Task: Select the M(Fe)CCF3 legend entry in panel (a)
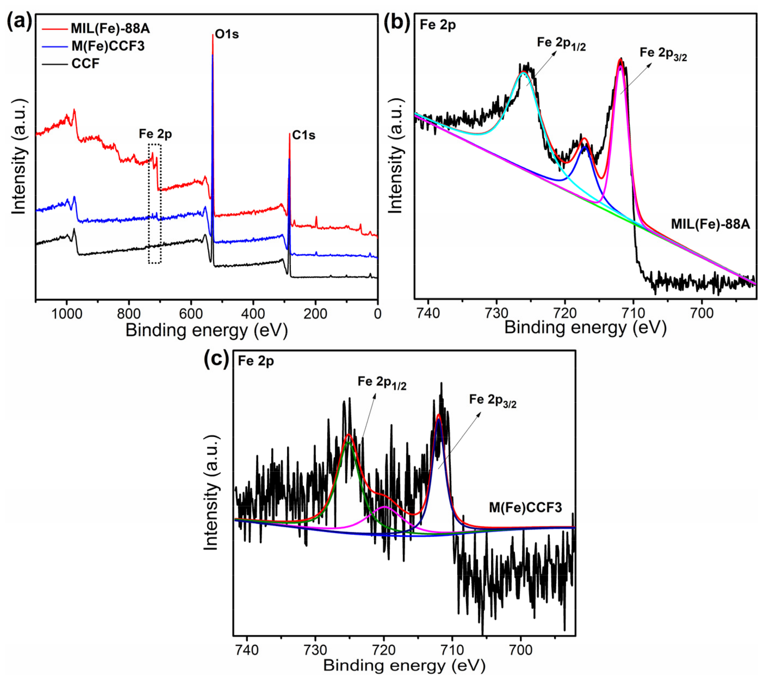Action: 108,46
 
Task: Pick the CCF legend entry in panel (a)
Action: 85,64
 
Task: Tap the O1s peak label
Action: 227,34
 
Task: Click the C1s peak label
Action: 304,135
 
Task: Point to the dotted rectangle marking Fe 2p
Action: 155,203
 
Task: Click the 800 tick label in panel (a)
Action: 129,313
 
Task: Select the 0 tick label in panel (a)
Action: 377,313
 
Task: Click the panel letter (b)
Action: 397,23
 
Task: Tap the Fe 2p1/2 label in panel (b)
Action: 561,44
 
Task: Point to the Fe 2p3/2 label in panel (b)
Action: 663,54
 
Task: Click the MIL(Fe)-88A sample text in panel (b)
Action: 710,224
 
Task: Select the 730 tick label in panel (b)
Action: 497,313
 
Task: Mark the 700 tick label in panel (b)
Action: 702,313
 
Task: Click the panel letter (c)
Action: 216,359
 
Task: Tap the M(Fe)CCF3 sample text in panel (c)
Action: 525,508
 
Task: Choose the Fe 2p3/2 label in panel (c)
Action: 493,401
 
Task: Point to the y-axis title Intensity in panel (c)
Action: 211,493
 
